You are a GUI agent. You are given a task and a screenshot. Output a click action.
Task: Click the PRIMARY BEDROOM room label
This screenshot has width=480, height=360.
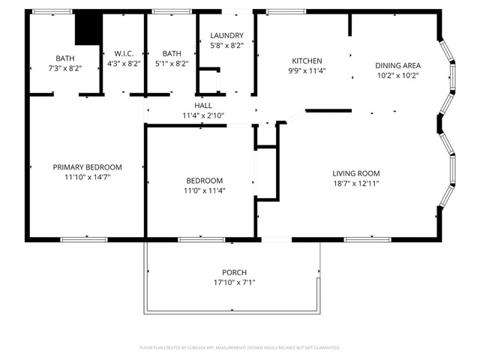click(x=87, y=167)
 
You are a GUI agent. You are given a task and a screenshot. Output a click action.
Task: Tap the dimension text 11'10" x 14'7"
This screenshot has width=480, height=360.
click(x=87, y=178)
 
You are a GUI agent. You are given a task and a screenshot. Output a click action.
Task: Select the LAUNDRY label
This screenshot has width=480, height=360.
click(x=226, y=35)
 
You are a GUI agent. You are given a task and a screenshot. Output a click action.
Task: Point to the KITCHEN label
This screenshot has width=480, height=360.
click(x=307, y=61)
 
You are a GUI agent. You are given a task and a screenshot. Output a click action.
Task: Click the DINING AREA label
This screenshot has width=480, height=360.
click(x=397, y=65)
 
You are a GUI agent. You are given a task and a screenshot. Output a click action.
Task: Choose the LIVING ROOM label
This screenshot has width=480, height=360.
click(x=356, y=173)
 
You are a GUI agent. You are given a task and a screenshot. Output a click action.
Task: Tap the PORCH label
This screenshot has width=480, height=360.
click(x=234, y=272)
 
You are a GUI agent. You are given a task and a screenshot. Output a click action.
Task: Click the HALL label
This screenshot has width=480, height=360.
click(x=203, y=106)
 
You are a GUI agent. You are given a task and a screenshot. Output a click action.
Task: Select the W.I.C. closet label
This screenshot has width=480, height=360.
click(x=124, y=53)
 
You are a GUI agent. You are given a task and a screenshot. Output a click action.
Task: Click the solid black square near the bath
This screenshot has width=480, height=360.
click(x=88, y=29)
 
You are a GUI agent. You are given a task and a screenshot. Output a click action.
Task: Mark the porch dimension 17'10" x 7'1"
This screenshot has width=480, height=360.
click(x=234, y=283)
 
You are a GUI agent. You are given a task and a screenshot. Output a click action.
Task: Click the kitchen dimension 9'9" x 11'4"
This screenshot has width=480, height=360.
click(x=307, y=72)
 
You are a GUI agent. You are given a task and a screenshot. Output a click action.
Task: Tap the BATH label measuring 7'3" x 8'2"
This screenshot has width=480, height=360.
click(x=64, y=58)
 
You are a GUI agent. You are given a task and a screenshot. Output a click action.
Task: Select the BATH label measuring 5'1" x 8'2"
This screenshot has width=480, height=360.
click(x=172, y=53)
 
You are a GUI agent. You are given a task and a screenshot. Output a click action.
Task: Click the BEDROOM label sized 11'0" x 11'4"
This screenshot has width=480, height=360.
click(x=204, y=181)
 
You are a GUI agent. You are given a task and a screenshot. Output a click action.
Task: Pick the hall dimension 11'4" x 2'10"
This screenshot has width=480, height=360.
click(x=203, y=115)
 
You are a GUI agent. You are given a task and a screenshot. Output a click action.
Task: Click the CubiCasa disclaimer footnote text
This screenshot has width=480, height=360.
click(x=240, y=348)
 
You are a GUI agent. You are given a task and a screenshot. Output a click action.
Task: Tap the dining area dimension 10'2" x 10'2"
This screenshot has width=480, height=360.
click(x=397, y=75)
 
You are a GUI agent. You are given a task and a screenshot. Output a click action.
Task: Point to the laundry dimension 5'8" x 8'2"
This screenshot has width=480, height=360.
click(x=226, y=46)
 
